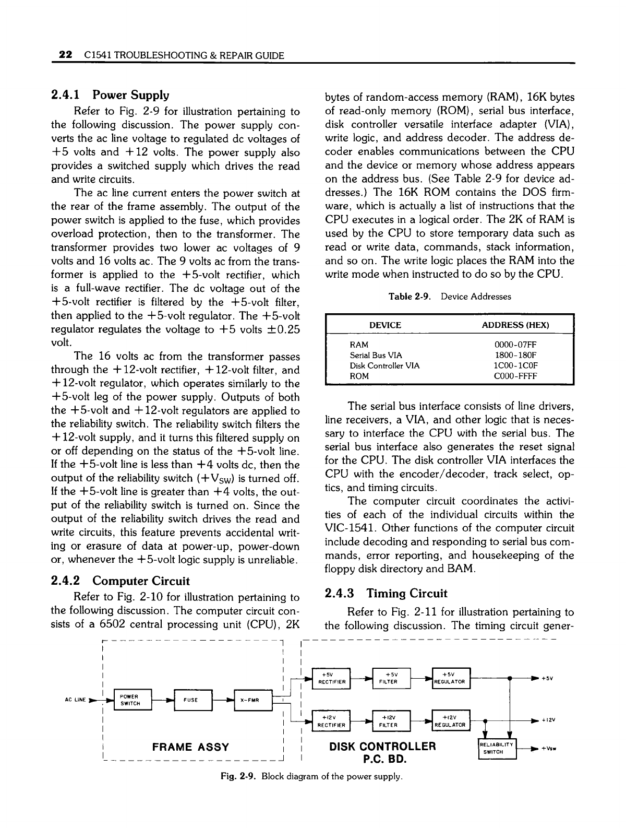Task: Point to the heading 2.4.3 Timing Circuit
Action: click(386, 594)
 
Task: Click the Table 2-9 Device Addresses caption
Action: click(450, 297)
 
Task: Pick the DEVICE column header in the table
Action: click(385, 325)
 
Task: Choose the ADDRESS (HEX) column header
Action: click(515, 325)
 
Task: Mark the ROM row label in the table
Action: click(359, 376)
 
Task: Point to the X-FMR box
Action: click(253, 700)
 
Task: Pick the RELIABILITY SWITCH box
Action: click(497, 749)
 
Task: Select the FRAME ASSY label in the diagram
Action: click(190, 747)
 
